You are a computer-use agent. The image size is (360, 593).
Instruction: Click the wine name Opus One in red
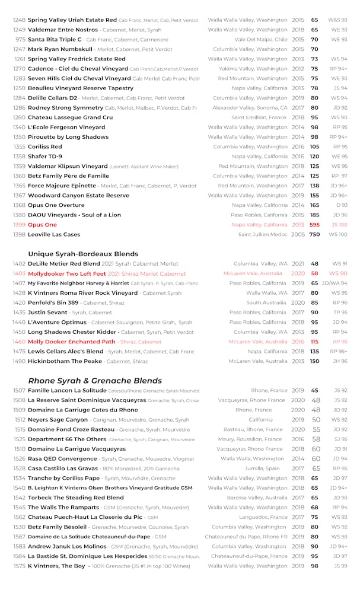point(42,225)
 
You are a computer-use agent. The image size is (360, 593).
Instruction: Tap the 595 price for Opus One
point(314,225)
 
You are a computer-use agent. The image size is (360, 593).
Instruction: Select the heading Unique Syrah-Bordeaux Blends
point(83,254)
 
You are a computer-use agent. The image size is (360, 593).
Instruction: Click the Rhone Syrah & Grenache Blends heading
point(95,381)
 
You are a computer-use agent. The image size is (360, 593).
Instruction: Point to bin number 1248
point(19,20)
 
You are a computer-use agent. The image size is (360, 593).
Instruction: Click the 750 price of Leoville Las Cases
point(314,235)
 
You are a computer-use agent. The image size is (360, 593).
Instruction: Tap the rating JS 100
point(339,225)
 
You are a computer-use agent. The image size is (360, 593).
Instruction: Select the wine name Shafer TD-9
point(45,157)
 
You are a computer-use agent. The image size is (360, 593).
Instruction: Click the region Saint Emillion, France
point(259,117)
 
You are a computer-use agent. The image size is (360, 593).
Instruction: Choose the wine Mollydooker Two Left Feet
point(67,273)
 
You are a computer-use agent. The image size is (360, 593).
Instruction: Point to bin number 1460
point(19,342)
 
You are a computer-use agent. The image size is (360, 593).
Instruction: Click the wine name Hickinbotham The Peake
point(65,361)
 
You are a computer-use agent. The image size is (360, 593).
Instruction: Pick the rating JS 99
point(340,566)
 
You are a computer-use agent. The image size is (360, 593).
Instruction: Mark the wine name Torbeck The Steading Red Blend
point(76,498)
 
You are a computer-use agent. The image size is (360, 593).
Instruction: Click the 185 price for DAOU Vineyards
point(314,215)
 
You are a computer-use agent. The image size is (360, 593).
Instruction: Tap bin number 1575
point(19,566)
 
